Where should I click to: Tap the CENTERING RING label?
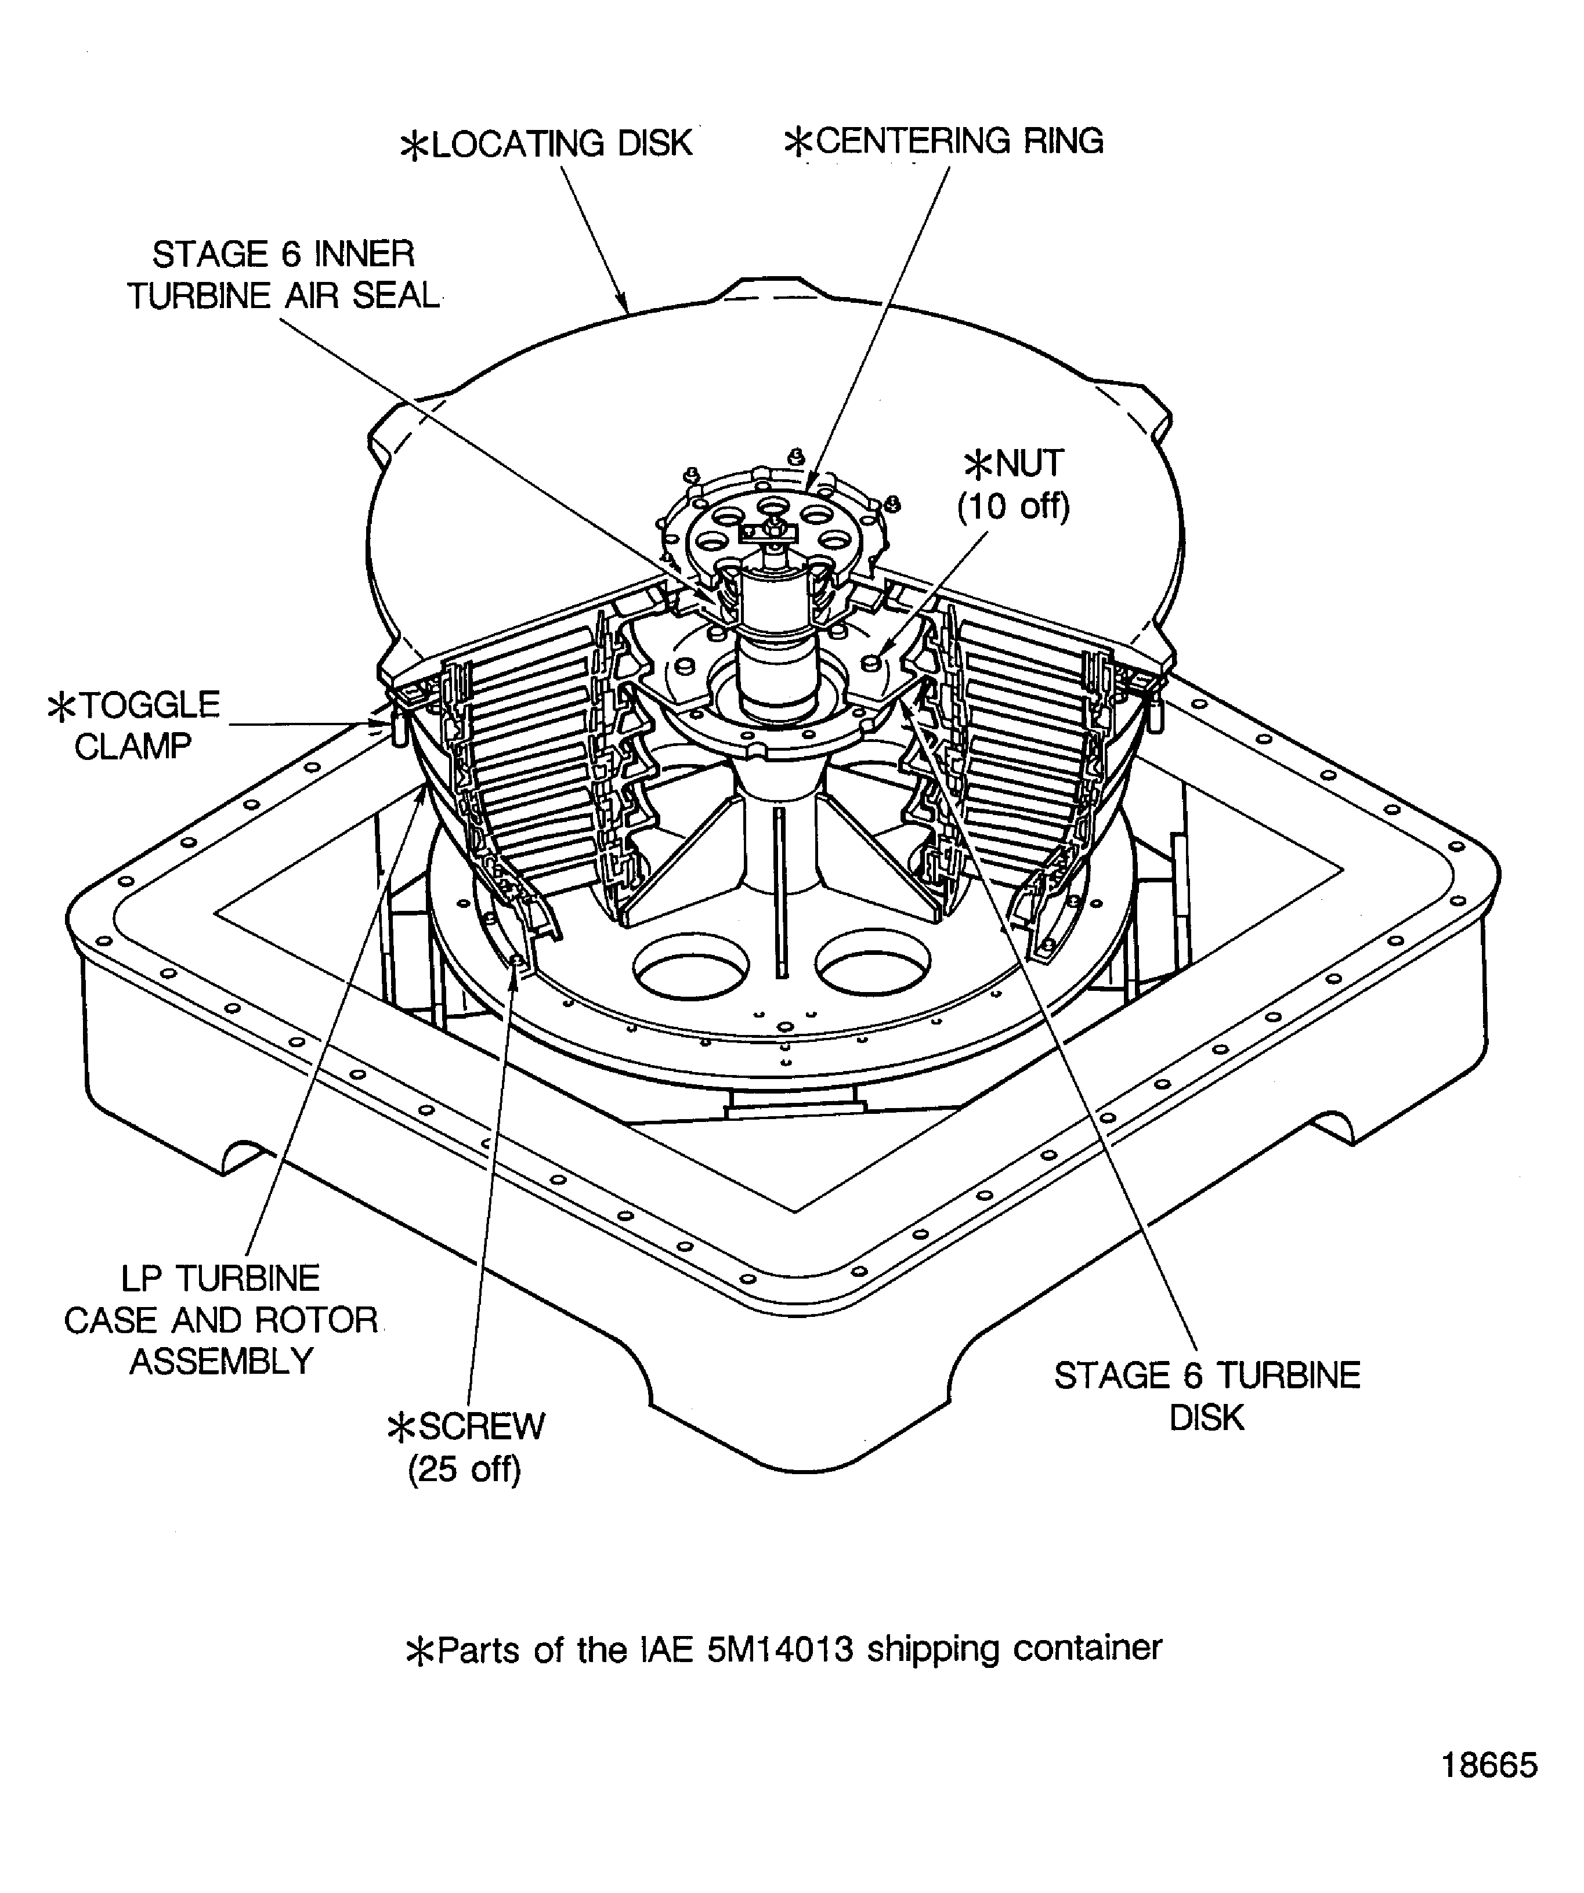click(944, 142)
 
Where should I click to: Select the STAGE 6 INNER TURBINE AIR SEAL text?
click(283, 275)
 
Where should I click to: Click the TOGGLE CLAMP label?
click(135, 726)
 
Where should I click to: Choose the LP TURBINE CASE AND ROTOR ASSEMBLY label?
click(221, 1320)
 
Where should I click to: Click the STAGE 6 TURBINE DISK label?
click(1206, 1396)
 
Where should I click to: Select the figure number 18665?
click(1489, 1765)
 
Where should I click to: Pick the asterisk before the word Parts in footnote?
click(420, 1652)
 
